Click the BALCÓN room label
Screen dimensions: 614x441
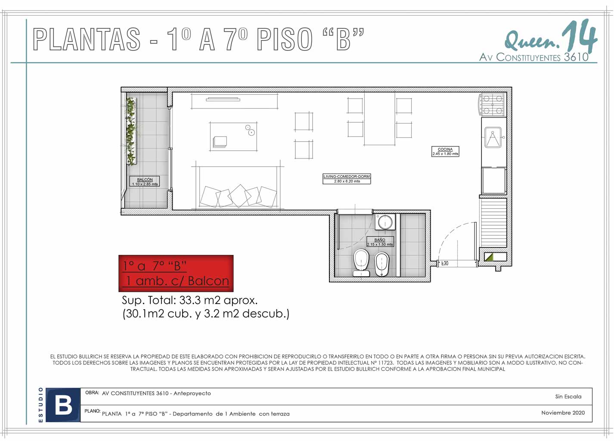(x=144, y=181)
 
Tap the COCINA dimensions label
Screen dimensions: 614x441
(x=445, y=151)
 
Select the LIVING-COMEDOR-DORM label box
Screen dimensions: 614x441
(x=347, y=179)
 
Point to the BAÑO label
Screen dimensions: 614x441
(x=380, y=242)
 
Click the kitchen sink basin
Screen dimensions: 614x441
(x=493, y=137)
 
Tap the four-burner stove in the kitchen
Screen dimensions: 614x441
(x=493, y=104)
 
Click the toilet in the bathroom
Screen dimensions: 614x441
(x=361, y=263)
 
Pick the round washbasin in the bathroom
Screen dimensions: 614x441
(x=385, y=222)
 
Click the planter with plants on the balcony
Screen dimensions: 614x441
(x=131, y=131)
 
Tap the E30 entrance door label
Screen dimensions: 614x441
(x=445, y=264)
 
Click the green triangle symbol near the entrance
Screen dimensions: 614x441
(x=489, y=257)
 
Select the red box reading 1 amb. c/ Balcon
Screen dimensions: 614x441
(x=176, y=273)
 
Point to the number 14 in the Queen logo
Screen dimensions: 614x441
(x=579, y=37)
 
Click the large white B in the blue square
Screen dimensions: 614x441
(x=63, y=405)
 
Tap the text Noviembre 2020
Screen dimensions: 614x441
(x=563, y=413)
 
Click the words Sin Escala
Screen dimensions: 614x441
(x=568, y=397)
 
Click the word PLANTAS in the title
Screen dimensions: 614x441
(x=87, y=39)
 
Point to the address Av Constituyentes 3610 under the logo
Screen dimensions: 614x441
(x=533, y=57)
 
